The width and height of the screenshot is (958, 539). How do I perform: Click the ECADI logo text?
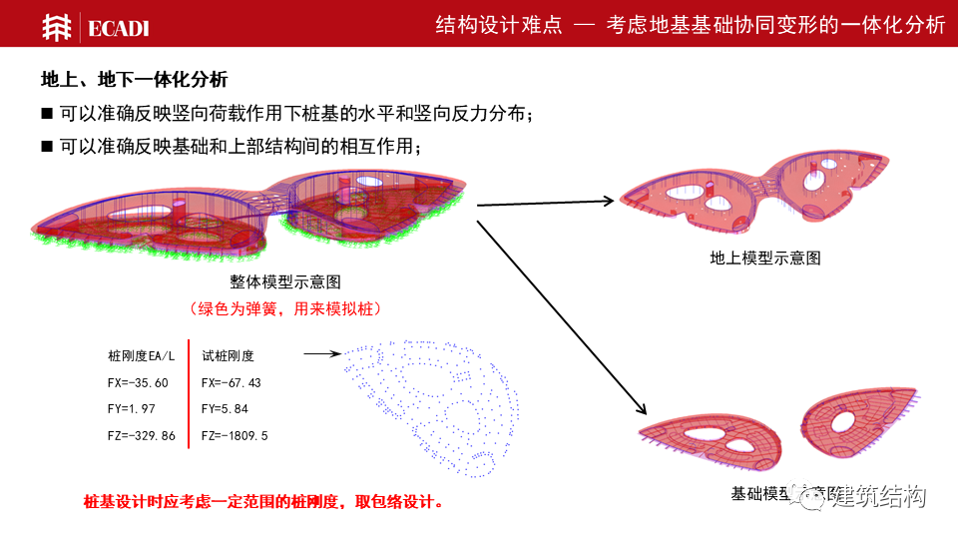(118, 28)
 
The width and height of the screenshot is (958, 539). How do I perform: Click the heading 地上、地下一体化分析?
(134, 78)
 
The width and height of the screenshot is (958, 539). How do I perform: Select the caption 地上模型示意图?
(765, 258)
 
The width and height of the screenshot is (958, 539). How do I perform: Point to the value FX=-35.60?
(138, 382)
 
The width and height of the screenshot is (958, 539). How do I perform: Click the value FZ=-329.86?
(141, 436)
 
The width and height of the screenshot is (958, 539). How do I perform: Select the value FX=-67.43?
(232, 382)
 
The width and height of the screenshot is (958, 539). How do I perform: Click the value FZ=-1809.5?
(235, 436)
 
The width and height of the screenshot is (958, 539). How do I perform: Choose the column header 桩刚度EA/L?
(141, 355)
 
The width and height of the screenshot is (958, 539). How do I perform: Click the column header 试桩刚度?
(228, 355)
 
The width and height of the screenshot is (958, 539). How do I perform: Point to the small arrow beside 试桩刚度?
(321, 353)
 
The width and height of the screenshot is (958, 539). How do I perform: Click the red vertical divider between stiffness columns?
(189, 394)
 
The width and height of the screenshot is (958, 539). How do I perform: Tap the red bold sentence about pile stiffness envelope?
(263, 501)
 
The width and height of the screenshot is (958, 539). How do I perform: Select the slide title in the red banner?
(690, 25)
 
